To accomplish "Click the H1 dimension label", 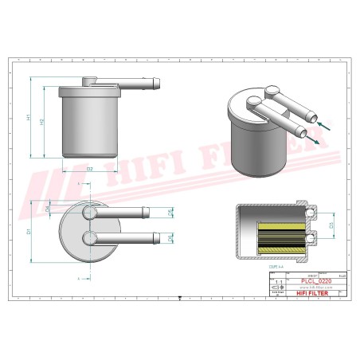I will [x=29, y=117].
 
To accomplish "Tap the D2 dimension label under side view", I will [x=89, y=169].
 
